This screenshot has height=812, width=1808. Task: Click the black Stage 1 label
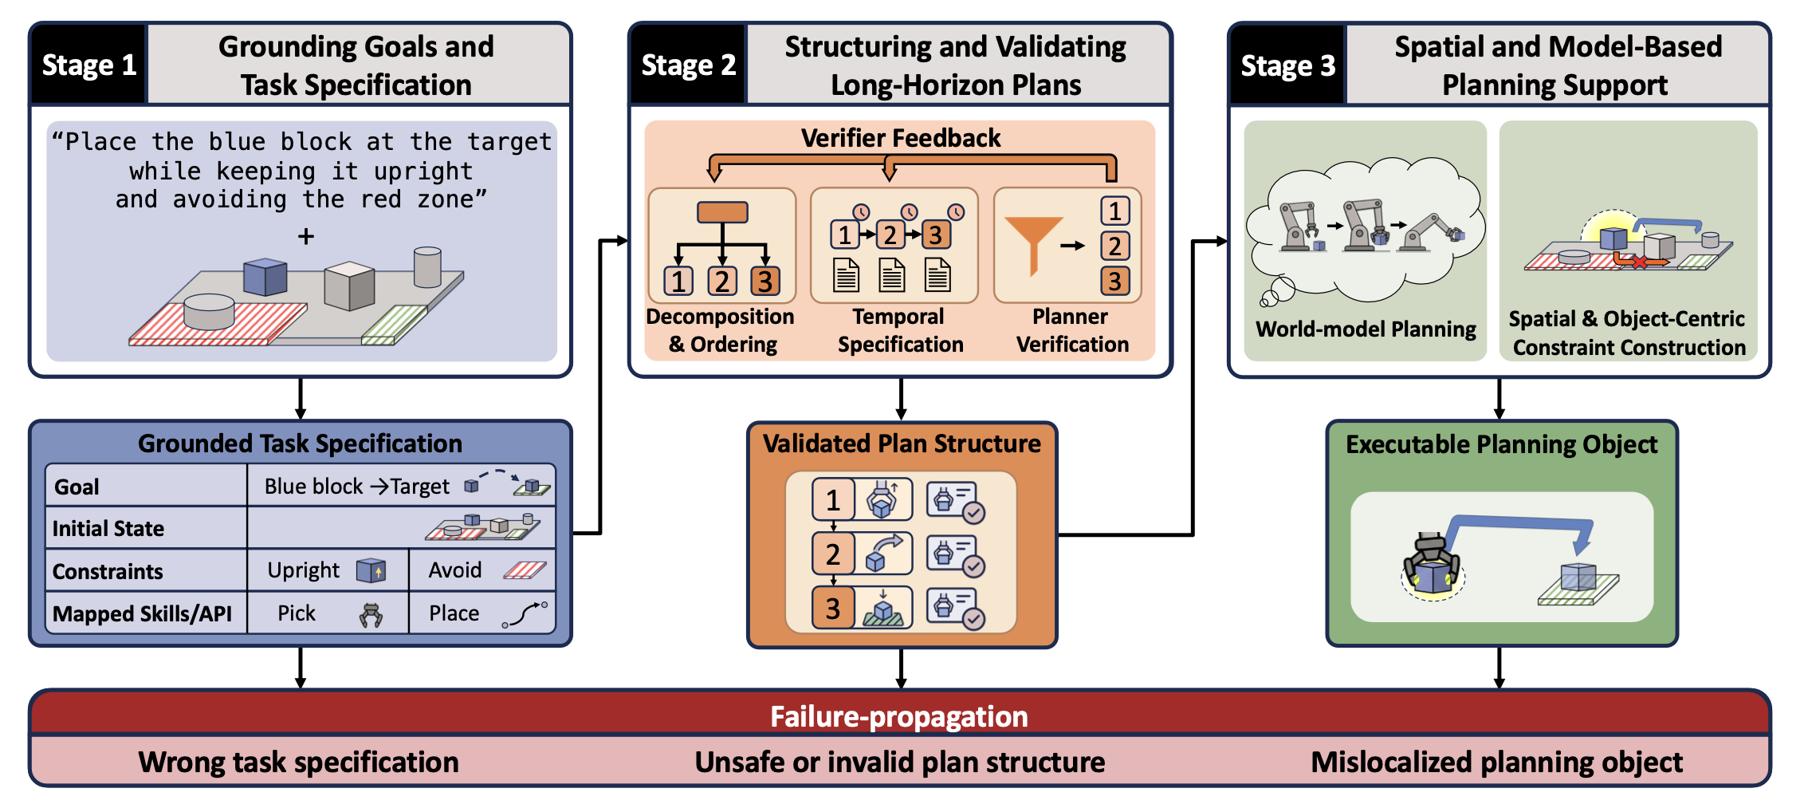pos(88,65)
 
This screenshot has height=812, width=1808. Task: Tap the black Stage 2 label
pos(688,65)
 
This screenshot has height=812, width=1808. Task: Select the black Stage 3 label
pos(1287,65)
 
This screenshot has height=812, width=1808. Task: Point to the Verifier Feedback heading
pos(901,138)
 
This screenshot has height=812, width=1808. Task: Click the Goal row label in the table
pos(77,487)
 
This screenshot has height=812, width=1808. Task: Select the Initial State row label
pos(108,529)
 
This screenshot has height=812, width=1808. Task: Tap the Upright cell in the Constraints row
pos(328,570)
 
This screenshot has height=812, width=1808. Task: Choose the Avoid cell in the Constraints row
pos(482,570)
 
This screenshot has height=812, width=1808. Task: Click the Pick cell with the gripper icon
pos(328,613)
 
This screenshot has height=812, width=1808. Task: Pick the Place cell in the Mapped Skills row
pos(482,613)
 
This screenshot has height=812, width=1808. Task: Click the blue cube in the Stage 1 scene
pos(265,277)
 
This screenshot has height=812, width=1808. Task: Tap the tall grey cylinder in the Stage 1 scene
pos(427,267)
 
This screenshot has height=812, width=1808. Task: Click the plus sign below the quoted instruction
pos(306,237)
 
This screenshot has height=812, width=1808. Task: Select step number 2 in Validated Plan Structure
pos(833,554)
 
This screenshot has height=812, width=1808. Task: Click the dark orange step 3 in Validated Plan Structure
pos(833,608)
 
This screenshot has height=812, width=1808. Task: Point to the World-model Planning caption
pos(1366,329)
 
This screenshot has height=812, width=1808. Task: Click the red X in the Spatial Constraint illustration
pos(1639,262)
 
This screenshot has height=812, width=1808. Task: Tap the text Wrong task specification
pos(299,763)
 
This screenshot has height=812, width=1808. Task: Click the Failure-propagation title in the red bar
pos(899,716)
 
